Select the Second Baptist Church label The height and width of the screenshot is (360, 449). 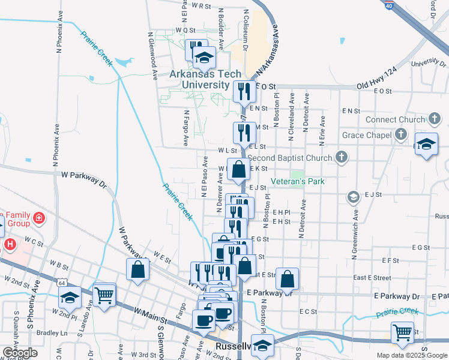(x=289, y=158)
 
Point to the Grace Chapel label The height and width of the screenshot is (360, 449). (x=366, y=135)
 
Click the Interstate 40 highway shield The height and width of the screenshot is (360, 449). (x=389, y=5)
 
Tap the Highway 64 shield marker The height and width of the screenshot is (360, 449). (x=46, y=282)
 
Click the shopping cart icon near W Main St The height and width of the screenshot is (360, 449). (x=104, y=294)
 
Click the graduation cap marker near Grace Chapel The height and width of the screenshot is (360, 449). (x=426, y=145)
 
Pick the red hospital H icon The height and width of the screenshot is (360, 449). (x=10, y=245)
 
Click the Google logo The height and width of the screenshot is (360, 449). (x=20, y=353)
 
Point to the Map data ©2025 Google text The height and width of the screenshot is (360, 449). (x=411, y=355)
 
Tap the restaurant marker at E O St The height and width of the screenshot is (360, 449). (x=243, y=91)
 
